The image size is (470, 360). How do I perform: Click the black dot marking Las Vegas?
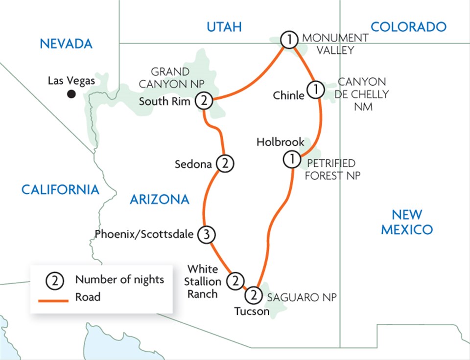[72, 94]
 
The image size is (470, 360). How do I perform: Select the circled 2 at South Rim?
[204, 101]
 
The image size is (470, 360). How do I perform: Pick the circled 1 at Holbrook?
[291, 159]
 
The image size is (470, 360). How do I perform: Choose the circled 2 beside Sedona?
[225, 164]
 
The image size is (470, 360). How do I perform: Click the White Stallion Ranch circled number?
[235, 281]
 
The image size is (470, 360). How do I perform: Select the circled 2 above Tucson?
[253, 295]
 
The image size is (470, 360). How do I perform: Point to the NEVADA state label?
[66, 44]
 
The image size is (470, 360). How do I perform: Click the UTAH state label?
[224, 26]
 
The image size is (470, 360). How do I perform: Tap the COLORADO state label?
[408, 26]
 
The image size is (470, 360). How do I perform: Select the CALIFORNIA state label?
[60, 189]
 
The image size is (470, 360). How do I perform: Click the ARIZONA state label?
[159, 199]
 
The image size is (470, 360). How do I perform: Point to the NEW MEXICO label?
[407, 222]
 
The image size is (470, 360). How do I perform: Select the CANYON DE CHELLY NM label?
[362, 94]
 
